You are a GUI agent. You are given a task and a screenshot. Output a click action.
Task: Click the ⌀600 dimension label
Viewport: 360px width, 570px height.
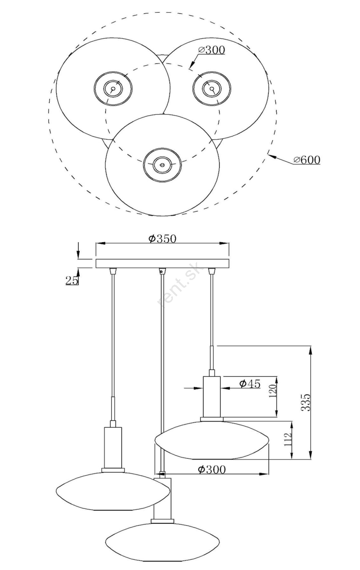(307, 160)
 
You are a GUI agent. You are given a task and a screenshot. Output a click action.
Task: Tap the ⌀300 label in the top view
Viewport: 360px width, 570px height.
(212, 50)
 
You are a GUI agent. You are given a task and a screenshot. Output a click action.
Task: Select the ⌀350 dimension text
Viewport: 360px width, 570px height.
(162, 239)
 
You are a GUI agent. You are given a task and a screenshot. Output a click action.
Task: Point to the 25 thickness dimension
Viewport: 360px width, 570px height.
(72, 280)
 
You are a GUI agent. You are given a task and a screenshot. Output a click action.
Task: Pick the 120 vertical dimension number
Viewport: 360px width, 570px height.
(272, 390)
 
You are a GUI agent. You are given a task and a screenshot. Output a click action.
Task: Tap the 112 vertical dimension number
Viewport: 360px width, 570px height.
(287, 439)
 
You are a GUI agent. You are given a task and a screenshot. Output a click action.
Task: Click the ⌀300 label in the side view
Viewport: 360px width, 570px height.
(212, 470)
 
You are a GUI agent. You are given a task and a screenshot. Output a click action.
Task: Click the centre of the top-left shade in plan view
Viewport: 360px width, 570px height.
(113, 89)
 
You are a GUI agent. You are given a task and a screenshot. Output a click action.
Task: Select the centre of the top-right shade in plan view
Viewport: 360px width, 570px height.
(212, 89)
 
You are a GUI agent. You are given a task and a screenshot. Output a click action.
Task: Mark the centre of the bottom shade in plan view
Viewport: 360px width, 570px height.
(163, 165)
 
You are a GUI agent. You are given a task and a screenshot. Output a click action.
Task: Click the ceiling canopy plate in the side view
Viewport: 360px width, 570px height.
(163, 263)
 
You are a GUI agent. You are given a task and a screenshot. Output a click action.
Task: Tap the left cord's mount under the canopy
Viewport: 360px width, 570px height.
(113, 271)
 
